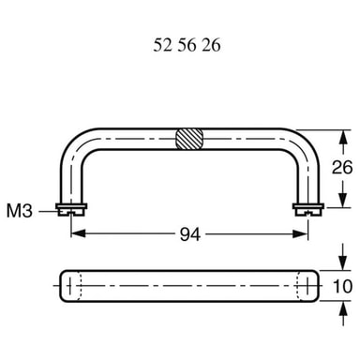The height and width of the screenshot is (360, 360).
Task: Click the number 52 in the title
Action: [162, 45]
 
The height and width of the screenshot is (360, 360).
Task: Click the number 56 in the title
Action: [187, 45]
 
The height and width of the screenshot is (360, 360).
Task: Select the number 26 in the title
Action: [211, 45]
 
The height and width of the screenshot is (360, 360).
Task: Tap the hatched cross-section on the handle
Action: [189, 139]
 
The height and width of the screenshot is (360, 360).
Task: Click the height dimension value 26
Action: [342, 167]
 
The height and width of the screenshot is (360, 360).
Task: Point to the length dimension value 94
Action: [190, 234]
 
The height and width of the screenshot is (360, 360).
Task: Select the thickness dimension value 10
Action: [342, 286]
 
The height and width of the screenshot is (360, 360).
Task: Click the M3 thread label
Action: [20, 211]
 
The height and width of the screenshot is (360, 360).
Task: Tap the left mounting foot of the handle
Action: [71, 209]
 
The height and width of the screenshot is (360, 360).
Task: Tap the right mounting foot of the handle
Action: [308, 209]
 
